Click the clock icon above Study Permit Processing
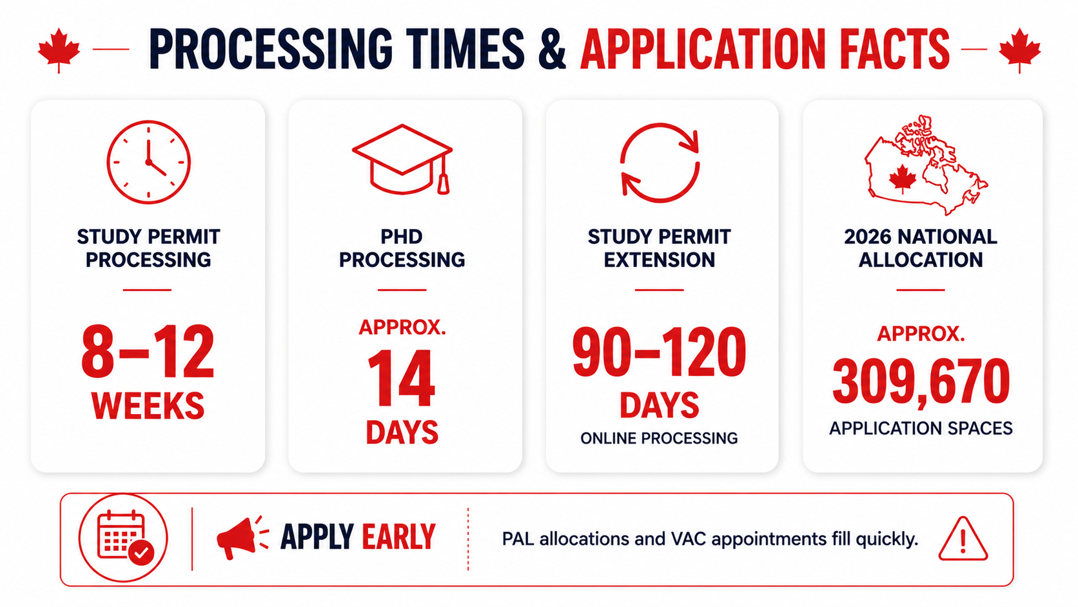[148, 162]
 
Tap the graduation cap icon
[402, 159]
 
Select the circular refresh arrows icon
[660, 162]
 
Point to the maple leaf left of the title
[59, 50]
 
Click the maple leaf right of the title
[1019, 50]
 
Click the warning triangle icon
[963, 539]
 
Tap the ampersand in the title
[552, 49]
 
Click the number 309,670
[921, 381]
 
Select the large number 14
[402, 379]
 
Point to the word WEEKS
[148, 406]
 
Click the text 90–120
[660, 351]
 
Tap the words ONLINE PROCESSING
[659, 438]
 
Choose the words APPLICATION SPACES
[921, 428]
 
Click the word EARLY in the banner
[398, 537]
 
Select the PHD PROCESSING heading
[402, 248]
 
